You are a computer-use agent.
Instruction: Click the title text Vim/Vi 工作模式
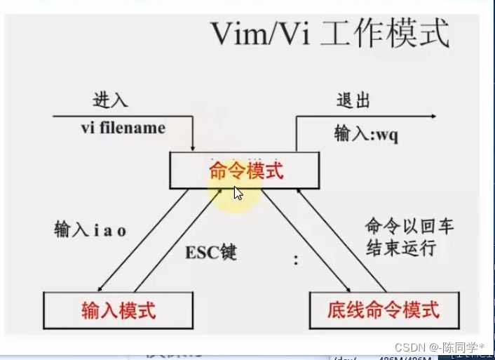tap(330, 34)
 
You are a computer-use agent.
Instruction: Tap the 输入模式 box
tap(118, 309)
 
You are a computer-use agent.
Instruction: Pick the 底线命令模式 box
tap(384, 309)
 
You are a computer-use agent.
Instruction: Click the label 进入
tap(110, 100)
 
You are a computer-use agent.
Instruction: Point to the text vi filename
tap(122, 128)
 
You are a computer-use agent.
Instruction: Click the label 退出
tap(354, 100)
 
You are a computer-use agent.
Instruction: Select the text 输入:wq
tap(365, 134)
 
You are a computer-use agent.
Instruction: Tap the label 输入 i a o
tap(90, 229)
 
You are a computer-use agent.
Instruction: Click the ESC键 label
tap(210, 252)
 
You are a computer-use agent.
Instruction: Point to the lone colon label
tap(295, 260)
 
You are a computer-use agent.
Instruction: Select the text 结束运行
tap(400, 248)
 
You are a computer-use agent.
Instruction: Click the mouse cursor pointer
tap(238, 193)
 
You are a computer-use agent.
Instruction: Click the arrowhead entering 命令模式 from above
tap(193, 148)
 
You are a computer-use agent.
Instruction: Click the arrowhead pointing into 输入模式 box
tap(102, 288)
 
